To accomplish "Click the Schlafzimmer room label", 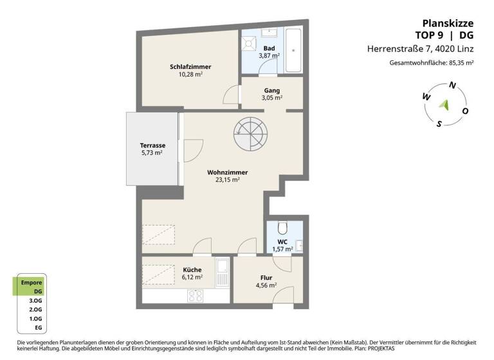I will point(190,67).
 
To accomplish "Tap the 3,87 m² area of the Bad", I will point(269,56).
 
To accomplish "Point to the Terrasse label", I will point(152,145).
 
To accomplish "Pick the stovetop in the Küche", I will point(196,296).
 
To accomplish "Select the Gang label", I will point(271,90).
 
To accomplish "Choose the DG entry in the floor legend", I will point(38,291).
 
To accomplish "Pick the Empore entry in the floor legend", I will point(32,282).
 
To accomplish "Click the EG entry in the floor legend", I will point(38,328).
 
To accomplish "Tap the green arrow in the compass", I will point(443,104).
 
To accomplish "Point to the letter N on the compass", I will point(453,85).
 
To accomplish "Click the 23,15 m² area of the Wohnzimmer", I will point(228,181).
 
